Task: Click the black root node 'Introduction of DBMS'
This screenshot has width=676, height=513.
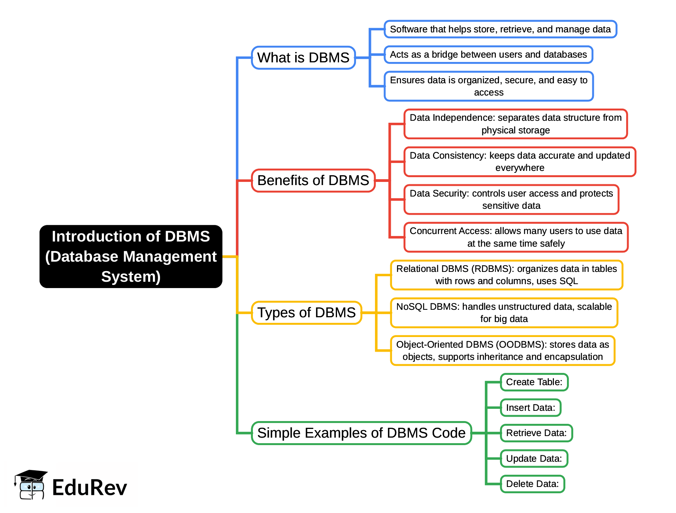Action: (x=131, y=256)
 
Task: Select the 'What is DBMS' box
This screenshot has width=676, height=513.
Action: (x=303, y=58)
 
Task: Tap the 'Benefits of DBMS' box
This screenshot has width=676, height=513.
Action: (x=313, y=180)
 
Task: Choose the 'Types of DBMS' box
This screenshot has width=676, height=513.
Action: (x=307, y=313)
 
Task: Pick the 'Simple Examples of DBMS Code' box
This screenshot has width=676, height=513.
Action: (x=361, y=433)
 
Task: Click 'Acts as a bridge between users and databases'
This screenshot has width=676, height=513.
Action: (x=488, y=54)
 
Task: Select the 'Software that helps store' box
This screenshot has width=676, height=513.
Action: (x=500, y=29)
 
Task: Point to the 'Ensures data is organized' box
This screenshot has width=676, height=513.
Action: (x=489, y=86)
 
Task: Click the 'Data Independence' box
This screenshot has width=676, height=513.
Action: (x=516, y=124)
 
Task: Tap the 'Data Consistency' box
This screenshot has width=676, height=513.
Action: (x=520, y=162)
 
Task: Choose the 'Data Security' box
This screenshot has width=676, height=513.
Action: (x=511, y=199)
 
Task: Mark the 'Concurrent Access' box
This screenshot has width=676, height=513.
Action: (x=516, y=237)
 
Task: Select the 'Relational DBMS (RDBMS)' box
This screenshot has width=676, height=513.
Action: (x=507, y=275)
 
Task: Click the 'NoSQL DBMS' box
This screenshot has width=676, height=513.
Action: (x=504, y=313)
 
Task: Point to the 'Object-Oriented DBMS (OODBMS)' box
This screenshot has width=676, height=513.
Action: (x=503, y=350)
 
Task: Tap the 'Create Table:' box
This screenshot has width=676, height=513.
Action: (x=534, y=382)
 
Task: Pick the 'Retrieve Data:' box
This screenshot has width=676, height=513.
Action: (x=536, y=433)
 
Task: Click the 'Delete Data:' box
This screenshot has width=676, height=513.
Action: (x=532, y=484)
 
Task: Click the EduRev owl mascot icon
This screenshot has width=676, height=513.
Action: (x=31, y=485)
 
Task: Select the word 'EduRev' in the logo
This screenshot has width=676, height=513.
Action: (x=89, y=488)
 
